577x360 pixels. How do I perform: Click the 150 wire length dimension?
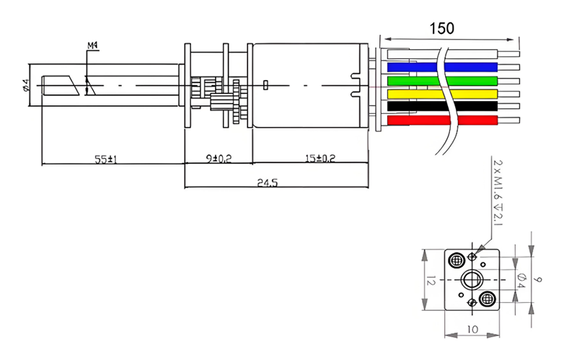point(441,28)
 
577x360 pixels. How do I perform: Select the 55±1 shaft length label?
point(105,159)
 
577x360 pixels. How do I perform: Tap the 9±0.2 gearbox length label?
point(219,159)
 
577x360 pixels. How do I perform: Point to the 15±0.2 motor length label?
point(320,158)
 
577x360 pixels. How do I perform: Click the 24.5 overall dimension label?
point(267,183)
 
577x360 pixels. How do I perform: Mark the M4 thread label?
point(92,45)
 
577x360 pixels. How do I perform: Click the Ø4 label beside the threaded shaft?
point(26,85)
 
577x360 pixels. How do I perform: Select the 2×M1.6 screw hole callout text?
point(497,193)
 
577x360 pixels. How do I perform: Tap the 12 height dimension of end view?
point(431,281)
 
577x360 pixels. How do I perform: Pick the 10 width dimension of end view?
point(472,329)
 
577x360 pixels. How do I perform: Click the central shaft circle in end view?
point(472,280)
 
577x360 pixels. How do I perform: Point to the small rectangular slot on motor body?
point(265,85)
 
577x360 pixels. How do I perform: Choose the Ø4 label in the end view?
point(521,281)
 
